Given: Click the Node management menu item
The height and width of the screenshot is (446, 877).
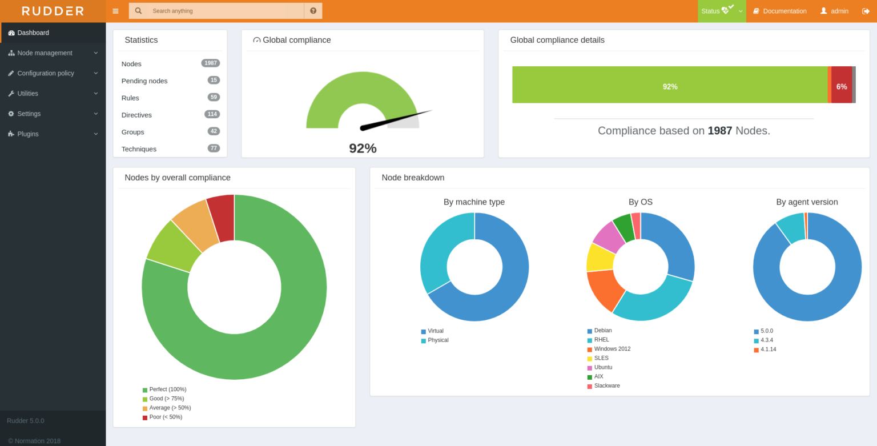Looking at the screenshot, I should pos(45,53).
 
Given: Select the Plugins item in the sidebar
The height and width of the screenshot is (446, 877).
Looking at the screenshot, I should pos(27,134).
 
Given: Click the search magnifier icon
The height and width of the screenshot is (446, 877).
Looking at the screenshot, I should pos(138,11).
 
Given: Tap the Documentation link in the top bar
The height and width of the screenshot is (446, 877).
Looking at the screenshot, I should pos(784,11).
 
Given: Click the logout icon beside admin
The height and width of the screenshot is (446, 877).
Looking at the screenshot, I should pos(866,11).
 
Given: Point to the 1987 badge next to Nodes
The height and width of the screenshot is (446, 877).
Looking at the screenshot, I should pos(210,63).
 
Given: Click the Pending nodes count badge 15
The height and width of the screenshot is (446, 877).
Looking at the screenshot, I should pos(214,80).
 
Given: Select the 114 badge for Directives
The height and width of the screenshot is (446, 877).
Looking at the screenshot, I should pos(212,114).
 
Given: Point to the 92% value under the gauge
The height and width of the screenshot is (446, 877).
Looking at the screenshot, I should pos(363,148).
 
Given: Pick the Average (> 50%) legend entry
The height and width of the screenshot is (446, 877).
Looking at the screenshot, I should pos(170,408).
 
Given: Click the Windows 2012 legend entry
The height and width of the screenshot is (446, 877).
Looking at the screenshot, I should pos(612,349).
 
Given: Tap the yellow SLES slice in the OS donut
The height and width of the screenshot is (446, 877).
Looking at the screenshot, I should pos(600,257).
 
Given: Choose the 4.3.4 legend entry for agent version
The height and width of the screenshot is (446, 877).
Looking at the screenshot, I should pos(766,340).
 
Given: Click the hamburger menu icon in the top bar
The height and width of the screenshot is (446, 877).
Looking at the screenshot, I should pos(115,11).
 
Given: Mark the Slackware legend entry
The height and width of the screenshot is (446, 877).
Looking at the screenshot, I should pos(606,385).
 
